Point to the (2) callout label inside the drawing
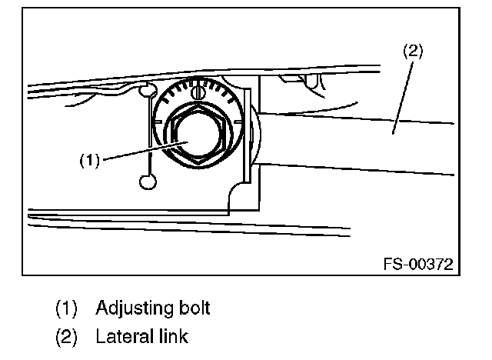(x=413, y=52)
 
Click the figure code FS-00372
(x=417, y=264)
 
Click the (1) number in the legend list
(x=66, y=309)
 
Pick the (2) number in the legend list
(x=66, y=336)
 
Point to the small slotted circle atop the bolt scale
(x=199, y=92)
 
